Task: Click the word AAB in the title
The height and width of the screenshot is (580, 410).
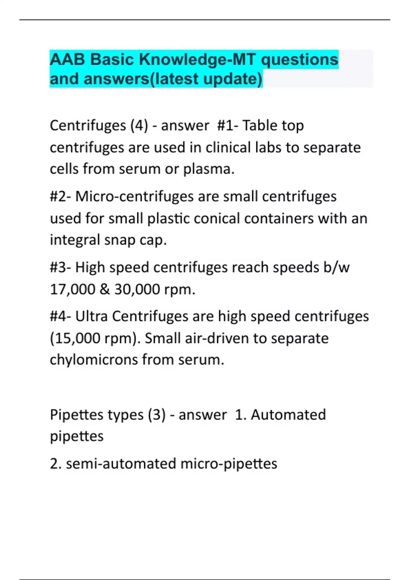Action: coord(67,60)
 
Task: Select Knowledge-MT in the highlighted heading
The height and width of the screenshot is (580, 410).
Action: coord(197,60)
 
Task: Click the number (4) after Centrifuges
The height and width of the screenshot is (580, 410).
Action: coord(139,126)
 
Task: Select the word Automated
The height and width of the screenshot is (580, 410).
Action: coord(288,415)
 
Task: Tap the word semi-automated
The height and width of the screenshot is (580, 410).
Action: coord(121,464)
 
